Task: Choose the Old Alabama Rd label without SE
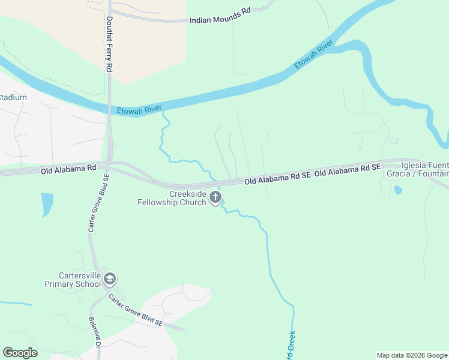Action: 68,170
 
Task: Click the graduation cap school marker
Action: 110,279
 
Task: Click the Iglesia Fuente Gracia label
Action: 424,169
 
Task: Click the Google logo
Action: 20,353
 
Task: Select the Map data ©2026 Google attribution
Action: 412,355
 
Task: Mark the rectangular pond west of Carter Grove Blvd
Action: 47,205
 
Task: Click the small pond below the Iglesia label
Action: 397,190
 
